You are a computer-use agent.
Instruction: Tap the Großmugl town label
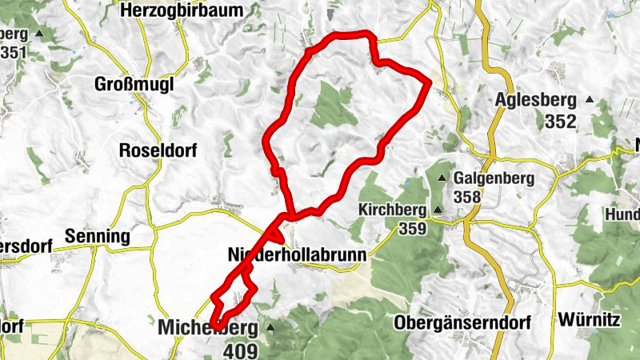[133, 84]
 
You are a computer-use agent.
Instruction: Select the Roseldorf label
[157, 150]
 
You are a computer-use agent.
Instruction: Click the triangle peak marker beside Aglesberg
[590, 100]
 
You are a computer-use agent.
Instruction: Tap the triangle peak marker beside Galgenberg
[442, 178]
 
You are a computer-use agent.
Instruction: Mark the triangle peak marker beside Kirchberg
[437, 211]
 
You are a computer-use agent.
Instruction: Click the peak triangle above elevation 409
[270, 328]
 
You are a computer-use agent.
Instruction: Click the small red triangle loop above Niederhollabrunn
[274, 234]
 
